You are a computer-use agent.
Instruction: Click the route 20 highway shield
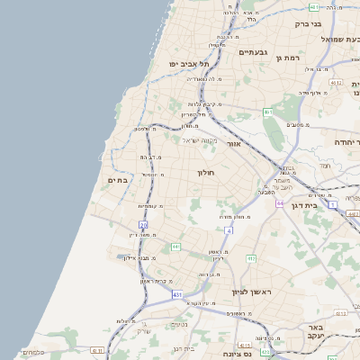click(143, 224)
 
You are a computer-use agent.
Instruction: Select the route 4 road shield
click(229, 230)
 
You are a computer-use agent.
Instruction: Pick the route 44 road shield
click(280, 202)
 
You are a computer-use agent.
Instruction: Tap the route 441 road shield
click(176, 246)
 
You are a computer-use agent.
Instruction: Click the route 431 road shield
click(178, 294)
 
